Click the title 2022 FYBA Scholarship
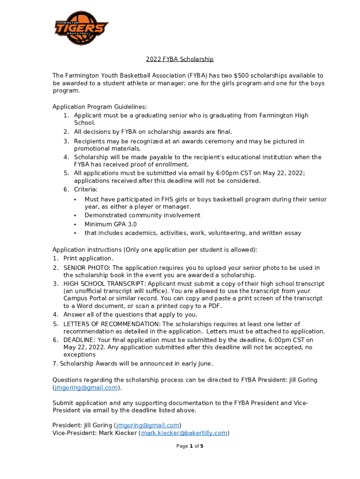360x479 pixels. (x=180, y=59)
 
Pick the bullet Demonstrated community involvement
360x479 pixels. (x=142, y=215)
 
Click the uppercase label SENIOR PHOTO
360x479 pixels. (x=84, y=268)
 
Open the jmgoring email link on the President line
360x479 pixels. (x=148, y=425)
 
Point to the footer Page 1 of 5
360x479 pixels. (x=189, y=446)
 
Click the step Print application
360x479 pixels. (x=88, y=258)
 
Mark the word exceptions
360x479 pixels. (x=79, y=355)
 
